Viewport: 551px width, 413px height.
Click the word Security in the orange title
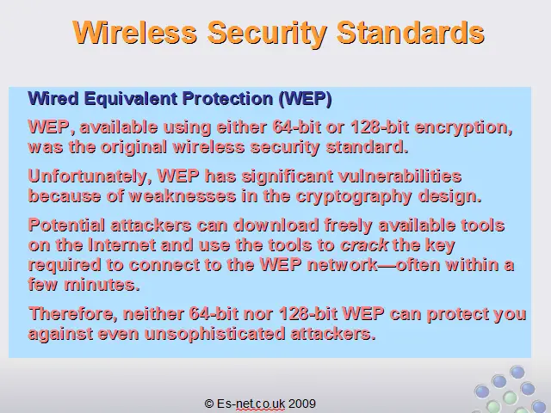267,34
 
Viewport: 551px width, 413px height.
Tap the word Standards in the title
411,33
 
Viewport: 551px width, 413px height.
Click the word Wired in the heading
53,98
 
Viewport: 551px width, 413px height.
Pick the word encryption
463,128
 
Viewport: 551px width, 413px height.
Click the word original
133,147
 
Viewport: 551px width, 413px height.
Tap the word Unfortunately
90,176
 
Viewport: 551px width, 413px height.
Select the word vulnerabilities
399,176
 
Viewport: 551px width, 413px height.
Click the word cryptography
354,197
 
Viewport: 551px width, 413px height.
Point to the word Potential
66,225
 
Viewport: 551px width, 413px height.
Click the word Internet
122,245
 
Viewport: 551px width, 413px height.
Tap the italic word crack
364,245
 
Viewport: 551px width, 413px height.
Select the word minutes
102,285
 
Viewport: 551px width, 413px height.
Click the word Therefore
72,314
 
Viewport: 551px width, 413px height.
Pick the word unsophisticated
214,334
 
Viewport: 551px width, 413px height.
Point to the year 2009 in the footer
302,404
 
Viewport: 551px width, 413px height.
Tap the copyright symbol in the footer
208,404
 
